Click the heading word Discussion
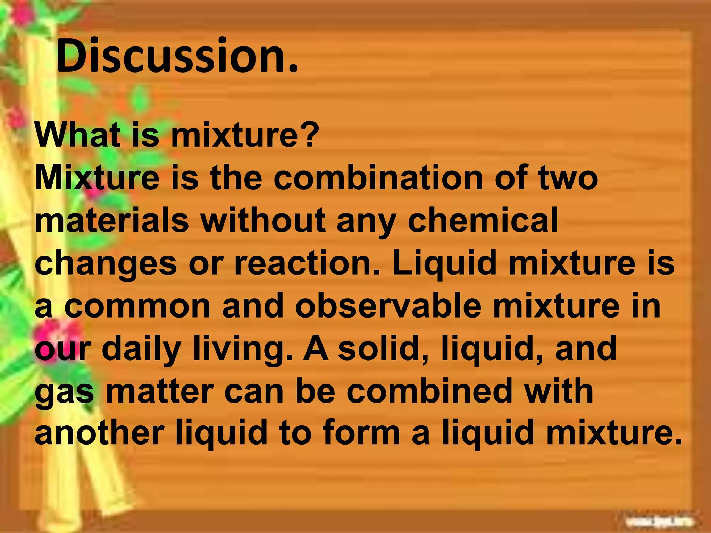coord(176,56)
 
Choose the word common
coord(137,306)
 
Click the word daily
coord(142,349)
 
